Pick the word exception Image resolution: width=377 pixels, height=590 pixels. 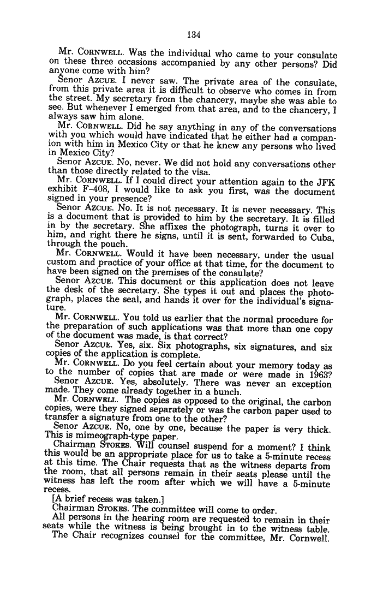tap(312, 384)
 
